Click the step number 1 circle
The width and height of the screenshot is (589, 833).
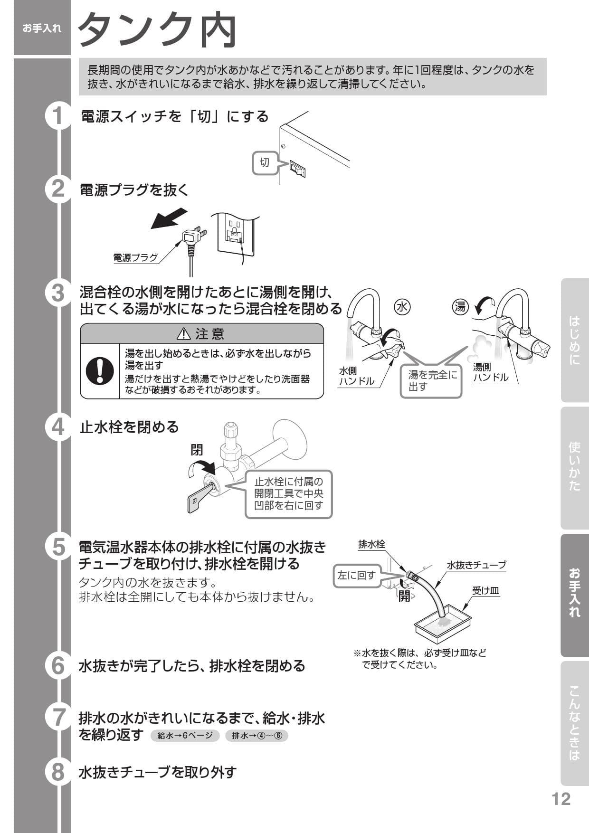(58, 116)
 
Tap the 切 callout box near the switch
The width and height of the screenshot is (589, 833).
(265, 162)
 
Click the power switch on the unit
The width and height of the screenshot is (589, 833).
(297, 169)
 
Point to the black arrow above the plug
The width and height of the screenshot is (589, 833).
(168, 218)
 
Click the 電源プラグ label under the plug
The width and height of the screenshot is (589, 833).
(135, 258)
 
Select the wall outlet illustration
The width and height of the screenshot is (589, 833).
(236, 234)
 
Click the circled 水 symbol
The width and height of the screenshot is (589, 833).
(402, 307)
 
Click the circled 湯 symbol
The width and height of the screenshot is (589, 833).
(460, 307)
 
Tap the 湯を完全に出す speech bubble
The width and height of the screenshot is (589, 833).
(432, 380)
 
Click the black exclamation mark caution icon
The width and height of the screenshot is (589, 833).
(100, 371)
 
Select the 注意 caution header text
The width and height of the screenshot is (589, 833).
(202, 334)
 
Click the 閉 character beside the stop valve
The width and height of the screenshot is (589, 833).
(197, 449)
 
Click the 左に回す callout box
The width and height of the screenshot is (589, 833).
(357, 575)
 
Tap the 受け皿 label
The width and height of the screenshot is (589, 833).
(485, 591)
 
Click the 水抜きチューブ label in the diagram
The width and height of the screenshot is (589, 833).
(476, 565)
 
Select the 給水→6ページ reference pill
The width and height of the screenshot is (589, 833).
(185, 736)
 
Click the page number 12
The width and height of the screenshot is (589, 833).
(560, 799)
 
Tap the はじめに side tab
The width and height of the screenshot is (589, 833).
(575, 340)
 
